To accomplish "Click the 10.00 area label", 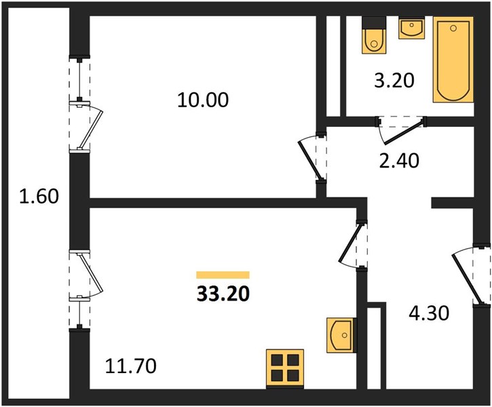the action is click(x=203, y=100).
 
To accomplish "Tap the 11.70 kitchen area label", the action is click(x=130, y=366).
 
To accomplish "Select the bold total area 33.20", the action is click(x=223, y=294).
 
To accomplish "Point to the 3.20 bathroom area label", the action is click(x=394, y=80).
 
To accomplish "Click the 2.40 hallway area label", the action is click(x=399, y=160).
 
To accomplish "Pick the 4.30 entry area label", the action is click(x=429, y=313).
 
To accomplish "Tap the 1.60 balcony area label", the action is click(x=39, y=196).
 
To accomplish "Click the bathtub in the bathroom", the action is click(x=453, y=60).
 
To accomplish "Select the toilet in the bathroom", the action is click(x=374, y=35).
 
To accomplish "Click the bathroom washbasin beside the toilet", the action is click(x=411, y=28).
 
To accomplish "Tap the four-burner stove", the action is click(x=285, y=369).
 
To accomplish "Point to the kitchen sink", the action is click(x=342, y=335).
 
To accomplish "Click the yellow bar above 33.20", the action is click(x=223, y=275).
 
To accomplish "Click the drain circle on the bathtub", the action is click(x=453, y=28).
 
